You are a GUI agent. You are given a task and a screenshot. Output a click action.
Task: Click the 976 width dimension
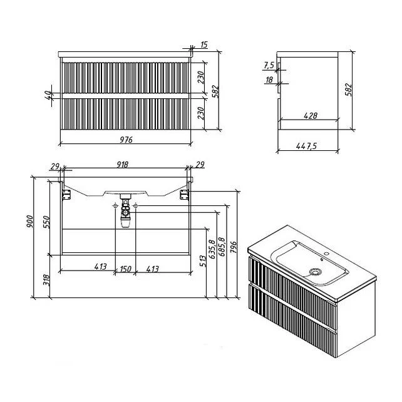(126, 140)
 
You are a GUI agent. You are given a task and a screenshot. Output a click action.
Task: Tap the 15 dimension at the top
(204, 44)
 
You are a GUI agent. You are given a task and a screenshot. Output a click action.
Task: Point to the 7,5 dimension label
(269, 65)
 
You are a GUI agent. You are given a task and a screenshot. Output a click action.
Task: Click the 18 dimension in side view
(269, 80)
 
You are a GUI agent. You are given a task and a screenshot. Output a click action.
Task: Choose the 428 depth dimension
(311, 116)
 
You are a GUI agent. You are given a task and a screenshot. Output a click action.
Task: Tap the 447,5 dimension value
(307, 146)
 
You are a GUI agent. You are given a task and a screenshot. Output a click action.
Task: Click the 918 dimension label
(122, 165)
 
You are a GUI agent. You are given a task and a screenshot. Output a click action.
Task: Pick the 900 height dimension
(29, 222)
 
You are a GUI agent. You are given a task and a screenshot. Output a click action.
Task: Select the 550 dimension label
(46, 222)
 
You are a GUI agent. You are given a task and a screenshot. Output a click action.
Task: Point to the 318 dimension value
(46, 281)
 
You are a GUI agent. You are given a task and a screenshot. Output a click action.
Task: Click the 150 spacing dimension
(125, 269)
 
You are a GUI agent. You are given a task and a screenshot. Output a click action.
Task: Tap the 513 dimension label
(203, 261)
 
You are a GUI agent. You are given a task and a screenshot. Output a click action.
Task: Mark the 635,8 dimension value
(212, 249)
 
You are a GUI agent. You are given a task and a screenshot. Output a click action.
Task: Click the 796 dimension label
(234, 247)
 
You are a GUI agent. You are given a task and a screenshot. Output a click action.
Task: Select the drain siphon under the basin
(125, 211)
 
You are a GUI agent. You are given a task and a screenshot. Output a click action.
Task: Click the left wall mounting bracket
(66, 195)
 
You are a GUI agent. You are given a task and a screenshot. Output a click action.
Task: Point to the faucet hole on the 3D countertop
(327, 254)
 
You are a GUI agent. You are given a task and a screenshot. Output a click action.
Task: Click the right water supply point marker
(136, 205)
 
